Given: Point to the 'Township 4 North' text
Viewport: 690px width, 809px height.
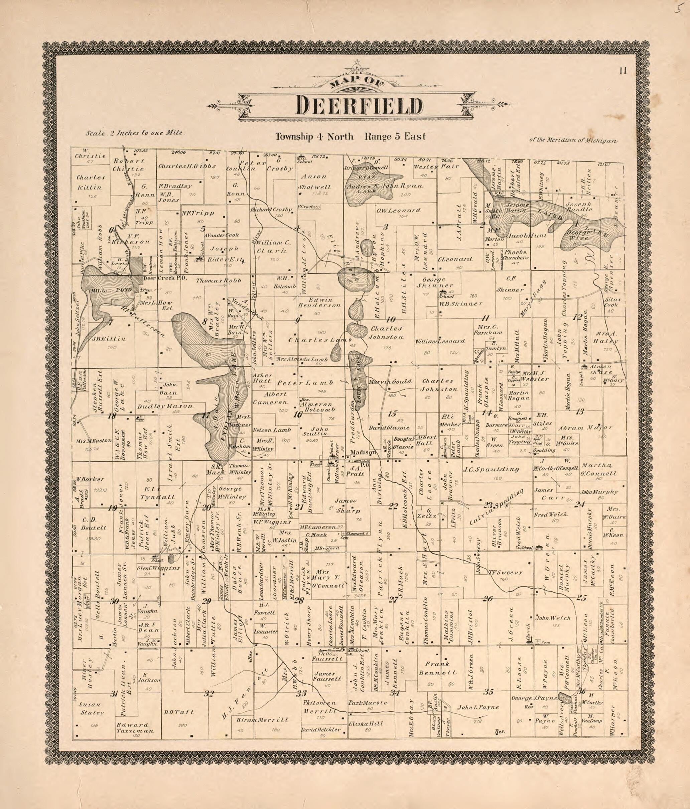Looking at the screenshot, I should coord(314,137).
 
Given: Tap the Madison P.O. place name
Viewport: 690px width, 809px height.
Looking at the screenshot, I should coord(363,453).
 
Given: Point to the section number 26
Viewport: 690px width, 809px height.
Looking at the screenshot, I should coord(488,598).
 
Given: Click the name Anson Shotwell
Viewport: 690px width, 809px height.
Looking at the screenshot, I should coord(316,182).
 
